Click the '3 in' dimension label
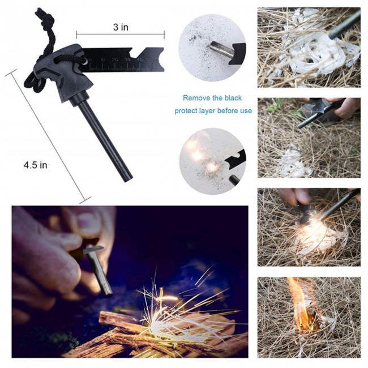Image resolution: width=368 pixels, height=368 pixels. point(119,26)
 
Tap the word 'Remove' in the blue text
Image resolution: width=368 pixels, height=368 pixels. point(196,97)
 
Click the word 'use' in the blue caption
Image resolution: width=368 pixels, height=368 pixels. point(245,110)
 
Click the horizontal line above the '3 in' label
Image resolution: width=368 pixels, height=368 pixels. point(119,35)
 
